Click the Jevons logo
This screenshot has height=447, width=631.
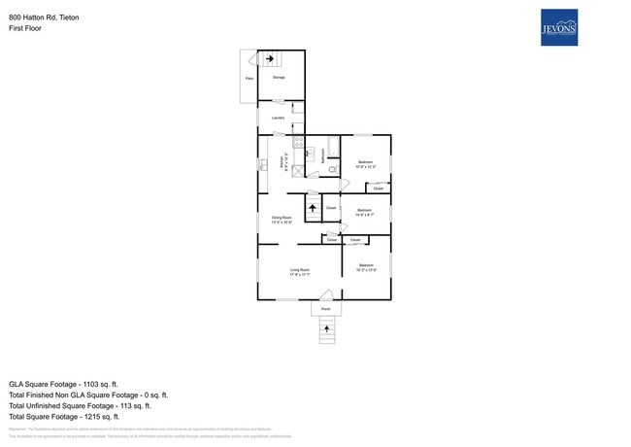[558, 27]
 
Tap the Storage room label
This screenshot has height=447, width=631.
[279, 77]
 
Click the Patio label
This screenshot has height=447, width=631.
[249, 79]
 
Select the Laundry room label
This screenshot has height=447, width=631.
[278, 119]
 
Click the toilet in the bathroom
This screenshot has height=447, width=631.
[331, 170]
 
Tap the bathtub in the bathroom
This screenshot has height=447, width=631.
[334, 148]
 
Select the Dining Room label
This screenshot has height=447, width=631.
[282, 219]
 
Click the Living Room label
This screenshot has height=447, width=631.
[299, 271]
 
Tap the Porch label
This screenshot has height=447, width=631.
[326, 309]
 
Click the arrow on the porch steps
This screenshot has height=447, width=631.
[326, 330]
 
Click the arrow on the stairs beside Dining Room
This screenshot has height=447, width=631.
[313, 207]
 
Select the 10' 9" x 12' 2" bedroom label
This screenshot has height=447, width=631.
[365, 163]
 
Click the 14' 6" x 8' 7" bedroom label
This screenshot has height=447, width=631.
[365, 212]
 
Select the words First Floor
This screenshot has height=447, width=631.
[24, 28]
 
